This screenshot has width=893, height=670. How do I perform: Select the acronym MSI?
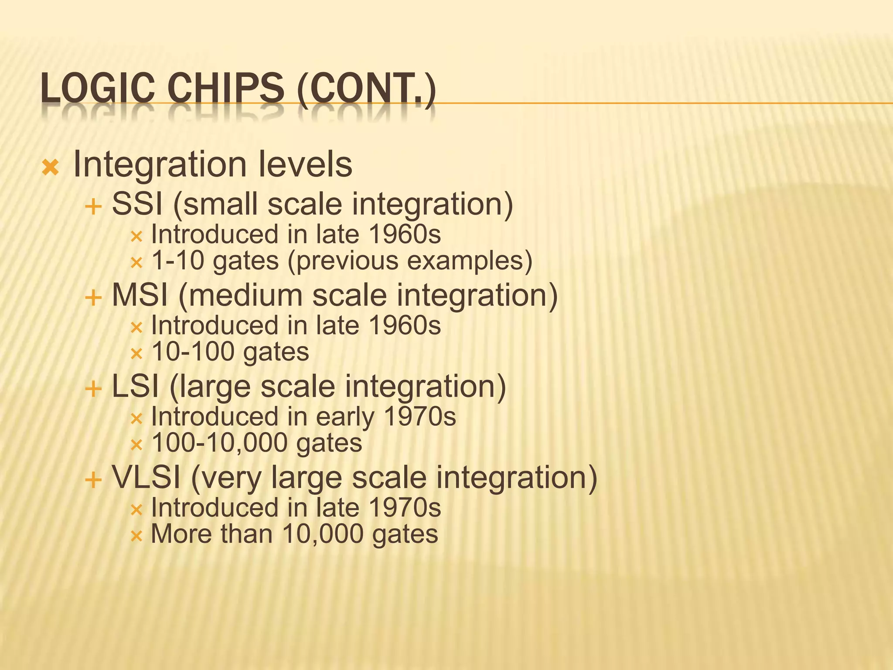(x=140, y=295)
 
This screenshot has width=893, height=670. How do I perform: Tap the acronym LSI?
(x=135, y=386)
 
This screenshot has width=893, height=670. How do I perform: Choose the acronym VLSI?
(x=146, y=477)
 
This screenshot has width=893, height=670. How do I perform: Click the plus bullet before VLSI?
(x=93, y=481)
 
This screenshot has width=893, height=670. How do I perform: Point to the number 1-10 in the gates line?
(x=177, y=260)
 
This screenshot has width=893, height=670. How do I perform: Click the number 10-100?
(x=193, y=352)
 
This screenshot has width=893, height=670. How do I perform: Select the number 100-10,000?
(x=219, y=443)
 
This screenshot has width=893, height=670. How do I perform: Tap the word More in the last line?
(x=181, y=534)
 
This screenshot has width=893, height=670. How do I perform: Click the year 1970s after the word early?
(x=420, y=417)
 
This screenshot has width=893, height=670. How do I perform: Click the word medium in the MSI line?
(x=241, y=295)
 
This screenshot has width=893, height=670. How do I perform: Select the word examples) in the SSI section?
(x=470, y=261)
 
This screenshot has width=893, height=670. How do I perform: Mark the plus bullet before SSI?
(x=93, y=207)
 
